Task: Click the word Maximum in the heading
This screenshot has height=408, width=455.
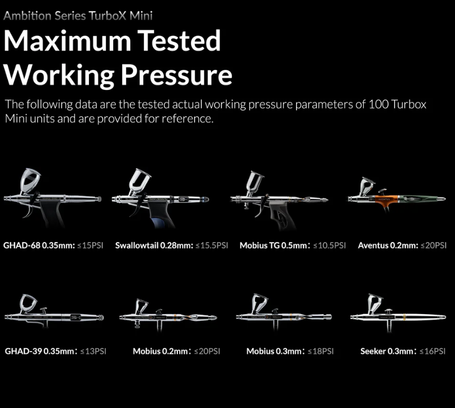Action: [x=67, y=41]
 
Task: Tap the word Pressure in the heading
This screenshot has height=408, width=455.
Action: [x=176, y=74]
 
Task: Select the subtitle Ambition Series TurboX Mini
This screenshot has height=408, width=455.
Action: [x=78, y=16]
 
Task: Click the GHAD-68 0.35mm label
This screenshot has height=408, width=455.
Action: [x=39, y=245]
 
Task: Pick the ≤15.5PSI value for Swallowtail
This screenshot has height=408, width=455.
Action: [x=212, y=245]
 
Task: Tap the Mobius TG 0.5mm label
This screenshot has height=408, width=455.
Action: [x=273, y=245]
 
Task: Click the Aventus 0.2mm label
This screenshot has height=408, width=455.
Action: [x=388, y=245]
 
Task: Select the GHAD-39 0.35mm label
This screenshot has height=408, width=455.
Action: [x=40, y=351]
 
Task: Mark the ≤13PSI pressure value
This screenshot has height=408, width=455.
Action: [x=93, y=351]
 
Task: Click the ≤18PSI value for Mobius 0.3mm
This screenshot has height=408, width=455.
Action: [x=321, y=351]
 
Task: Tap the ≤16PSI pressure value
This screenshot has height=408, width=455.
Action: [x=433, y=351]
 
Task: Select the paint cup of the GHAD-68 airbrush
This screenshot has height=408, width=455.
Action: [x=30, y=180]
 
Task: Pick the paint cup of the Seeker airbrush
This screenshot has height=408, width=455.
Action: [x=375, y=303]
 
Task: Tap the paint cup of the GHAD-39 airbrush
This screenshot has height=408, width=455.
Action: [x=28, y=303]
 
